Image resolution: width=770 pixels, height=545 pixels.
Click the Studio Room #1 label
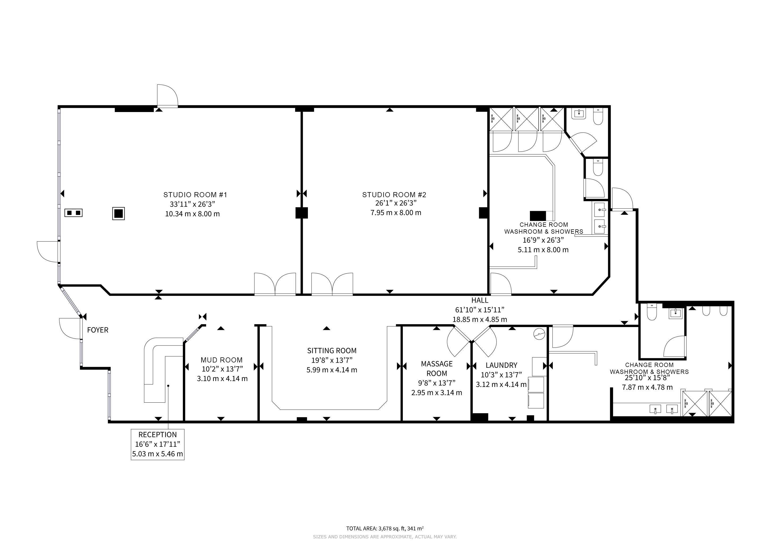[195, 195]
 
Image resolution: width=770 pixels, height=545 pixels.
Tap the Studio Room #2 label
[394, 195]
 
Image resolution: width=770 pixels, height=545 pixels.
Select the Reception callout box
[158, 444]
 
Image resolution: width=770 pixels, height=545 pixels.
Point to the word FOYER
[98, 330]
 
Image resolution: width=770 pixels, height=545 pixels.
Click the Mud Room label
[222, 360]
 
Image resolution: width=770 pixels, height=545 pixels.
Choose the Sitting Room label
[332, 351]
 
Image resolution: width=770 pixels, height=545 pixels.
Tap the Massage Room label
[437, 369]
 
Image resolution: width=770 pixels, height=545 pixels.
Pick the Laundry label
[501, 365]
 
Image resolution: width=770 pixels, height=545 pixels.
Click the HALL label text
[480, 300]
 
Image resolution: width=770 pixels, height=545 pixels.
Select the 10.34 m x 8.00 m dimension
[192, 214]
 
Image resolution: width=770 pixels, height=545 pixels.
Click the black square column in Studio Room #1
[118, 213]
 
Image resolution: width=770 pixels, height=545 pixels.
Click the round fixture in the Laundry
[539, 334]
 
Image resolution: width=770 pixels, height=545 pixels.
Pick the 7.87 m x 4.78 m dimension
[647, 387]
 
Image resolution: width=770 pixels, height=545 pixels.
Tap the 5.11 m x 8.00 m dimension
[543, 250]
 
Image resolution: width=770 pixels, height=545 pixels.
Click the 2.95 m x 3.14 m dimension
[437, 393]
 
